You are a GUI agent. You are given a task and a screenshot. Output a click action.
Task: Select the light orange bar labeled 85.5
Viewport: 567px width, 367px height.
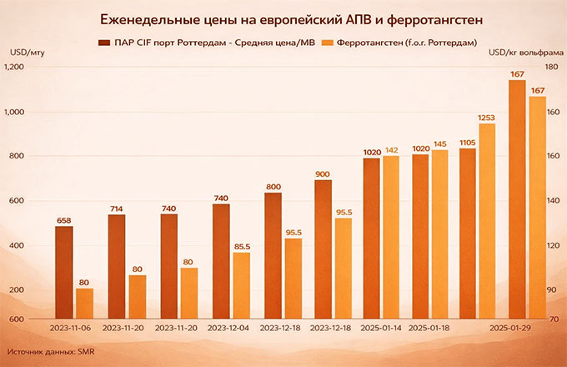point(241,285)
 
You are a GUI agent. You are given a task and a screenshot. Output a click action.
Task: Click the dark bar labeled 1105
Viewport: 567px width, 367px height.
point(468,234)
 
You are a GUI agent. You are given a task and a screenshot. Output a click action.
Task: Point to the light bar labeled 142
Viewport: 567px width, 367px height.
point(391,237)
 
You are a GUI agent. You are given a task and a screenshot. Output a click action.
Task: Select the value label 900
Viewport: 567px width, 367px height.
point(323,173)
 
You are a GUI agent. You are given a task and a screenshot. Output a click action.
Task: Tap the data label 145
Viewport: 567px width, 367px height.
point(440,143)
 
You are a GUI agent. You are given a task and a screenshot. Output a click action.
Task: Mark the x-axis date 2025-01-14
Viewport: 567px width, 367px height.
point(382,329)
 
